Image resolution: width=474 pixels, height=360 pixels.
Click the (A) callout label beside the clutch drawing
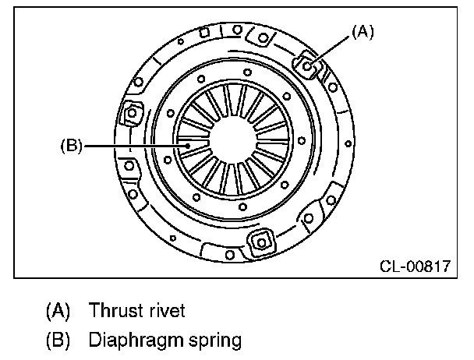coord(363,31)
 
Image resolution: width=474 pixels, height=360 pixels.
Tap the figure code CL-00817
coord(415,266)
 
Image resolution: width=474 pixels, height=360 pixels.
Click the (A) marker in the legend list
coord(58,311)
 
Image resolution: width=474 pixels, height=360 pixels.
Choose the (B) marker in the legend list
coord(58,340)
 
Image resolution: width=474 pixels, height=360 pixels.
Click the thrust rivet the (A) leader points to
coord(307,66)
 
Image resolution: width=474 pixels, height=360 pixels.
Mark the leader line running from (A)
coord(332,48)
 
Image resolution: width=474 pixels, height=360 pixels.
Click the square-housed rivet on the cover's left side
coord(131,114)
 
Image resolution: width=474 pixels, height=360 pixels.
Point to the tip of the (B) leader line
coord(188,145)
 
